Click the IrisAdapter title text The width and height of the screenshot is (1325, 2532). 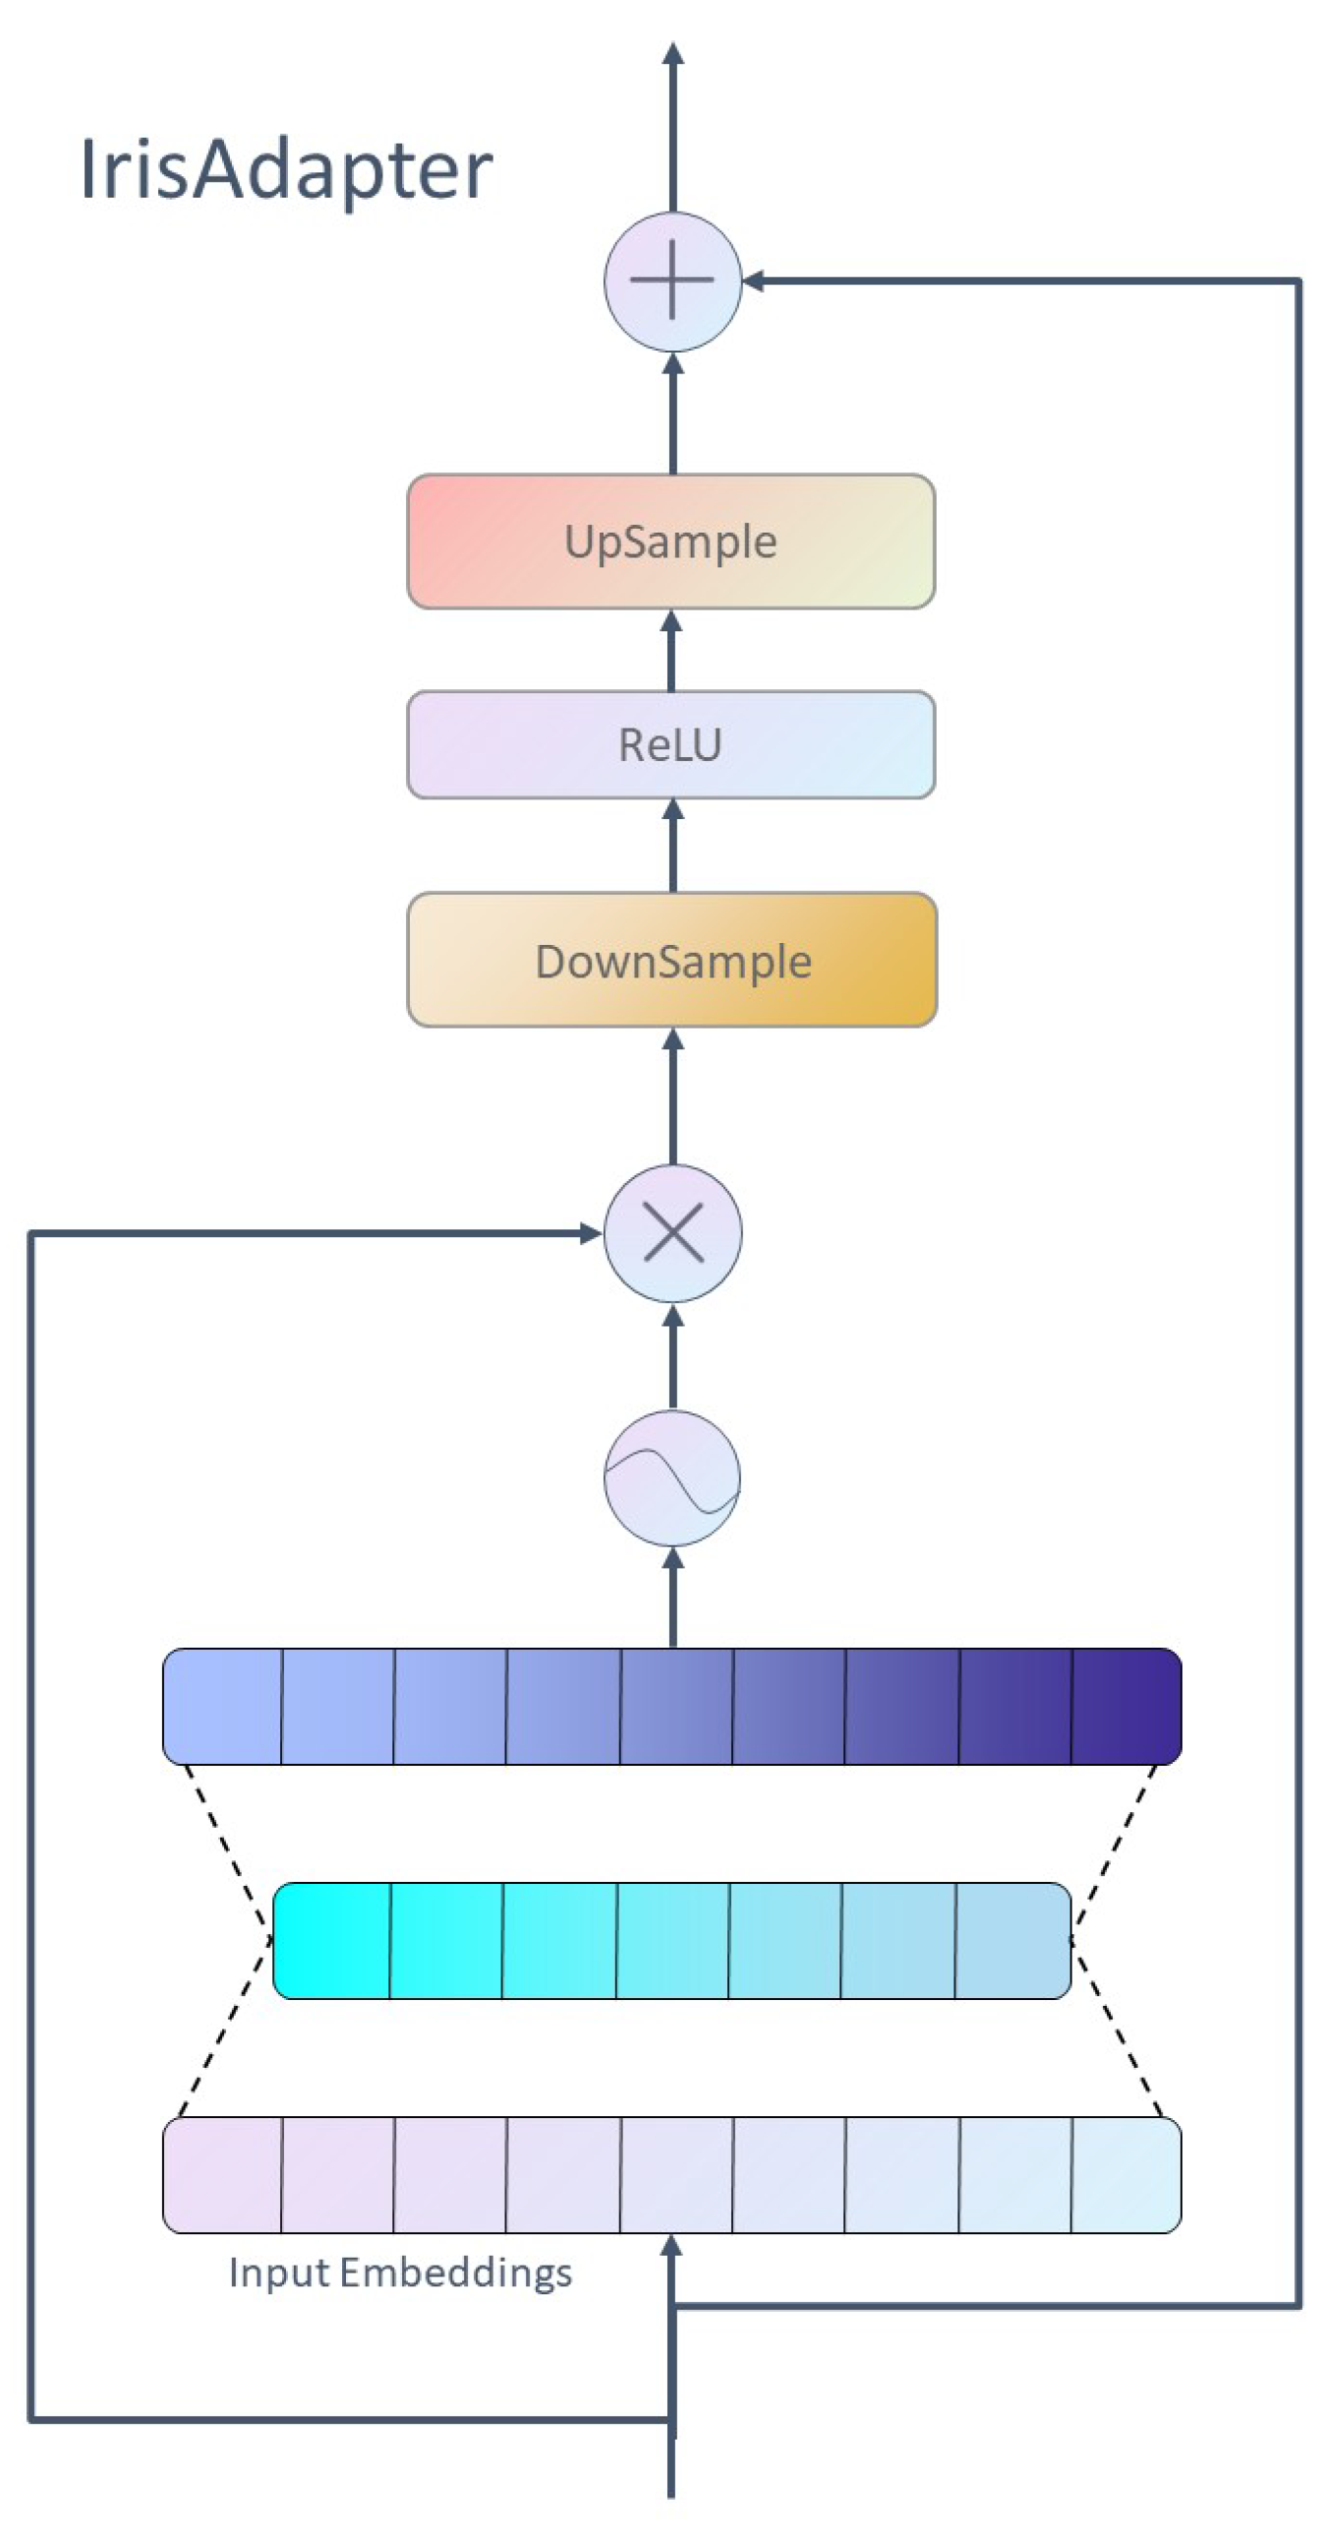point(285,169)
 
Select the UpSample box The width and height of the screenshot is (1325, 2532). point(670,541)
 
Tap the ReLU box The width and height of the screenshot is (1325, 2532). point(670,744)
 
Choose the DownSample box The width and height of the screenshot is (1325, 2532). point(671,960)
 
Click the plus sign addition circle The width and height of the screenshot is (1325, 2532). point(672,281)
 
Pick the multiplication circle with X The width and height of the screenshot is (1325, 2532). point(672,1233)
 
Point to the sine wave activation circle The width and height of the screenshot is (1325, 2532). point(672,1478)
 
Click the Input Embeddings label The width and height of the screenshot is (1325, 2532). point(400,2272)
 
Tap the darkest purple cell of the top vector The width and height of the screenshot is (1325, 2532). point(1125,1706)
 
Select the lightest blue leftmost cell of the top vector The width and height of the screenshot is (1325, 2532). point(222,1706)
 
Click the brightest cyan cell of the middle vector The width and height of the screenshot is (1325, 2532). point(331,1940)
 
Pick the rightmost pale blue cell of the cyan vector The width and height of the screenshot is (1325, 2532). point(1011,1940)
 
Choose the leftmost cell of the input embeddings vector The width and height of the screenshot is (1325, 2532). point(222,2174)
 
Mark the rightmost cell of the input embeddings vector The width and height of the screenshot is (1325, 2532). point(1125,2174)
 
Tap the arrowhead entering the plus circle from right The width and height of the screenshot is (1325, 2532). point(752,281)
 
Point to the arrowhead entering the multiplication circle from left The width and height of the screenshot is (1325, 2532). point(591,1233)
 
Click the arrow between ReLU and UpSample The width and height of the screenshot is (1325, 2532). point(671,651)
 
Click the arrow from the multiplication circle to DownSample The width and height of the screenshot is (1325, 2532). point(672,1096)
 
